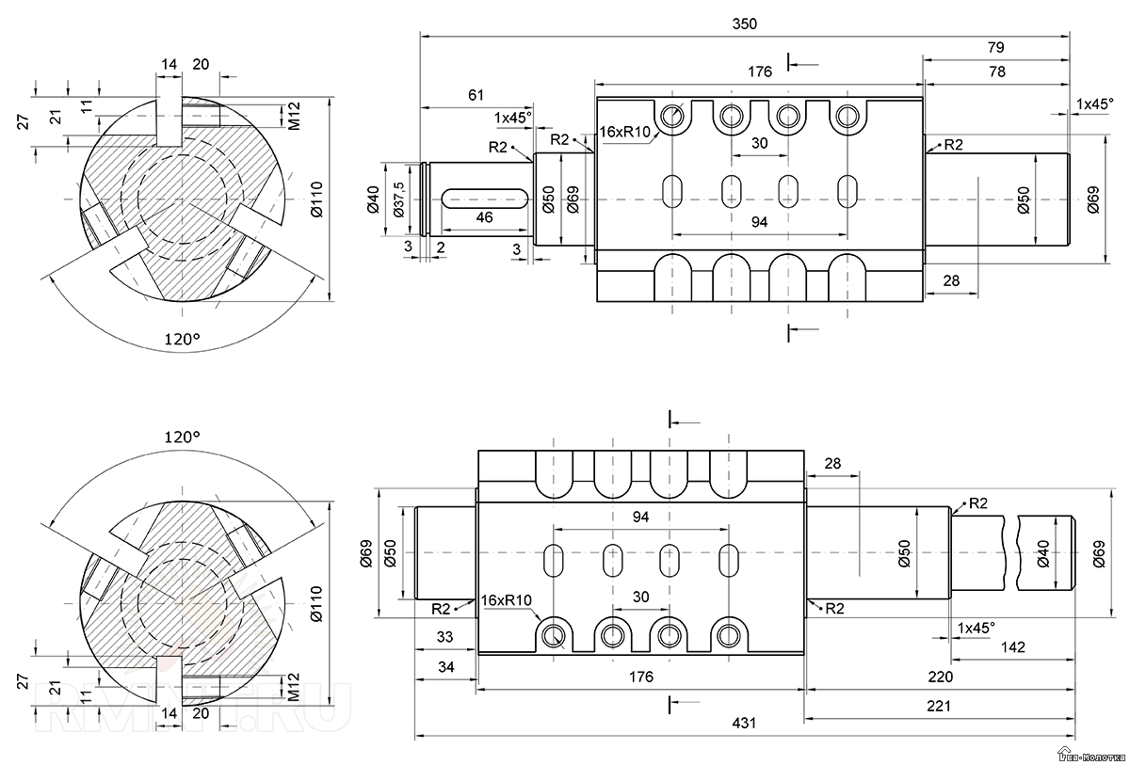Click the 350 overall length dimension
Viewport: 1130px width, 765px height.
745,24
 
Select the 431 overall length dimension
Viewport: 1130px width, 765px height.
745,724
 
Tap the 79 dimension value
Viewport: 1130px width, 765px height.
995,47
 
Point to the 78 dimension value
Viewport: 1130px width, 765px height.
995,72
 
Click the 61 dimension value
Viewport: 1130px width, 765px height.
476,95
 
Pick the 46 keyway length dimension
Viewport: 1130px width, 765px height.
484,217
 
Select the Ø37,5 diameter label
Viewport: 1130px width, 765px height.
398,199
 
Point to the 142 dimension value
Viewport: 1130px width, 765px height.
1013,647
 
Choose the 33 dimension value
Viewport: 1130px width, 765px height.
445,637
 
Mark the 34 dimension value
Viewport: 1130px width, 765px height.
445,666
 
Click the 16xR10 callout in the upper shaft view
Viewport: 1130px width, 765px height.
626,132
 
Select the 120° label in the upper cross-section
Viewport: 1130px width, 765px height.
183,339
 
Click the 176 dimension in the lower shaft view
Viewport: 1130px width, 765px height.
640,677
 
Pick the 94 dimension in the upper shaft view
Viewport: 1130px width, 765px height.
760,222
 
